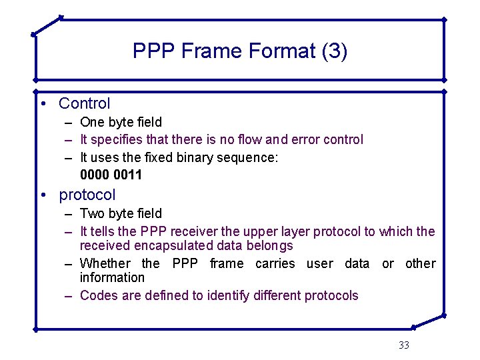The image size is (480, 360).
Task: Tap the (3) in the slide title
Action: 334,51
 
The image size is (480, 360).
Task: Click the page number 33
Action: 403,345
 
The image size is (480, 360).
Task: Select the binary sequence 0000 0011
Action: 111,175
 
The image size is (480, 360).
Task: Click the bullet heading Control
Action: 85,103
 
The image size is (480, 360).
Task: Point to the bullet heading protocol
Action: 87,195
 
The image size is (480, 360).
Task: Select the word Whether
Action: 105,263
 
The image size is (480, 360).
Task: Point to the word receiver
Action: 194,231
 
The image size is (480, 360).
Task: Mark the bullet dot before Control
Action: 42,103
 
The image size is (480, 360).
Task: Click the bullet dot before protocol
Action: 42,195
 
